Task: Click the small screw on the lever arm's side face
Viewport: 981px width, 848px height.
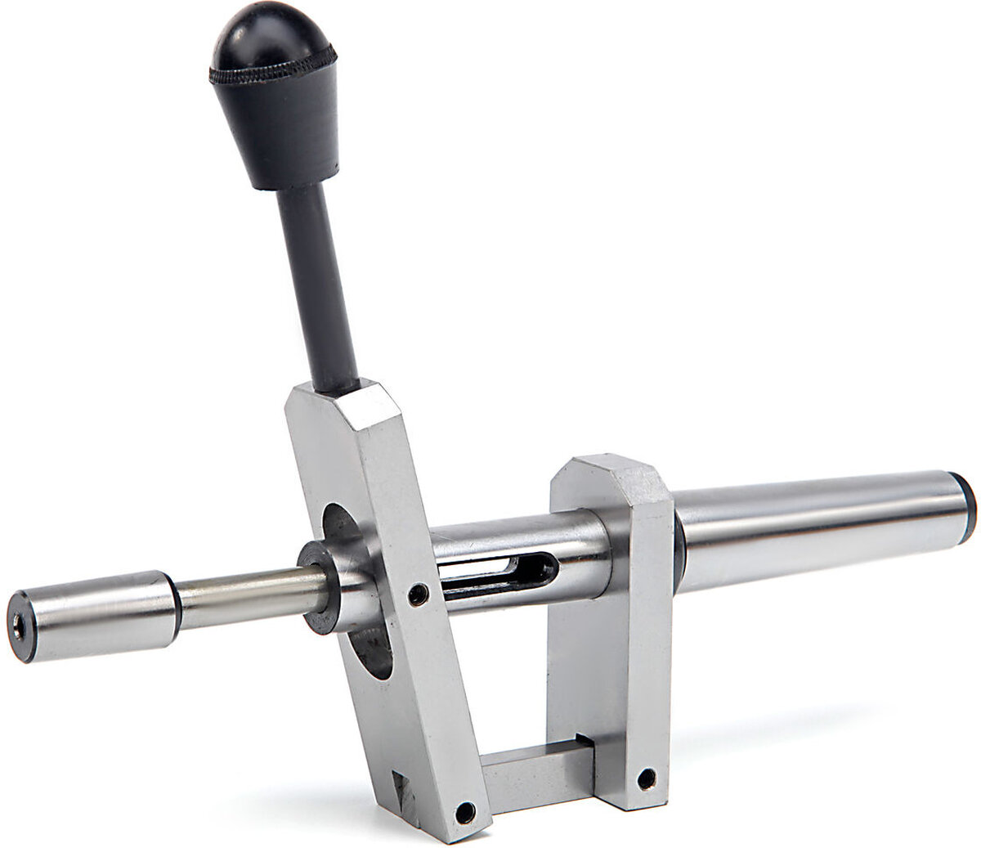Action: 418,595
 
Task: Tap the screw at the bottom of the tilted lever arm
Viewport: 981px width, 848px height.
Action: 464,812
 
